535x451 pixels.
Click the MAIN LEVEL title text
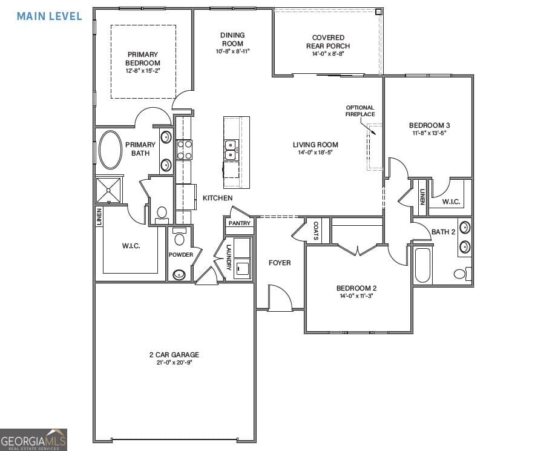49,16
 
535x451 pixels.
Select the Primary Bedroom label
143,59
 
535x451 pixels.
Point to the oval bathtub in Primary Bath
110,150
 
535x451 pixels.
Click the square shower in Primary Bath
109,190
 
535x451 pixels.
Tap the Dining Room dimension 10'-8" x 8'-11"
232,51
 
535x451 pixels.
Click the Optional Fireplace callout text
360,111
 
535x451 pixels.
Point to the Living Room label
315,145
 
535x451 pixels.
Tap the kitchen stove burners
184,149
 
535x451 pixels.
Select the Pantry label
238,223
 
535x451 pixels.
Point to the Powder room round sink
178,274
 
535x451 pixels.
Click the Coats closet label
316,230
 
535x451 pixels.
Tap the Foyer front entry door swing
280,299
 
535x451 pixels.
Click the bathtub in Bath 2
422,265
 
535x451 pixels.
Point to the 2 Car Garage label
174,355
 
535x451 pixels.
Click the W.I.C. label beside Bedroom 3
451,202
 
